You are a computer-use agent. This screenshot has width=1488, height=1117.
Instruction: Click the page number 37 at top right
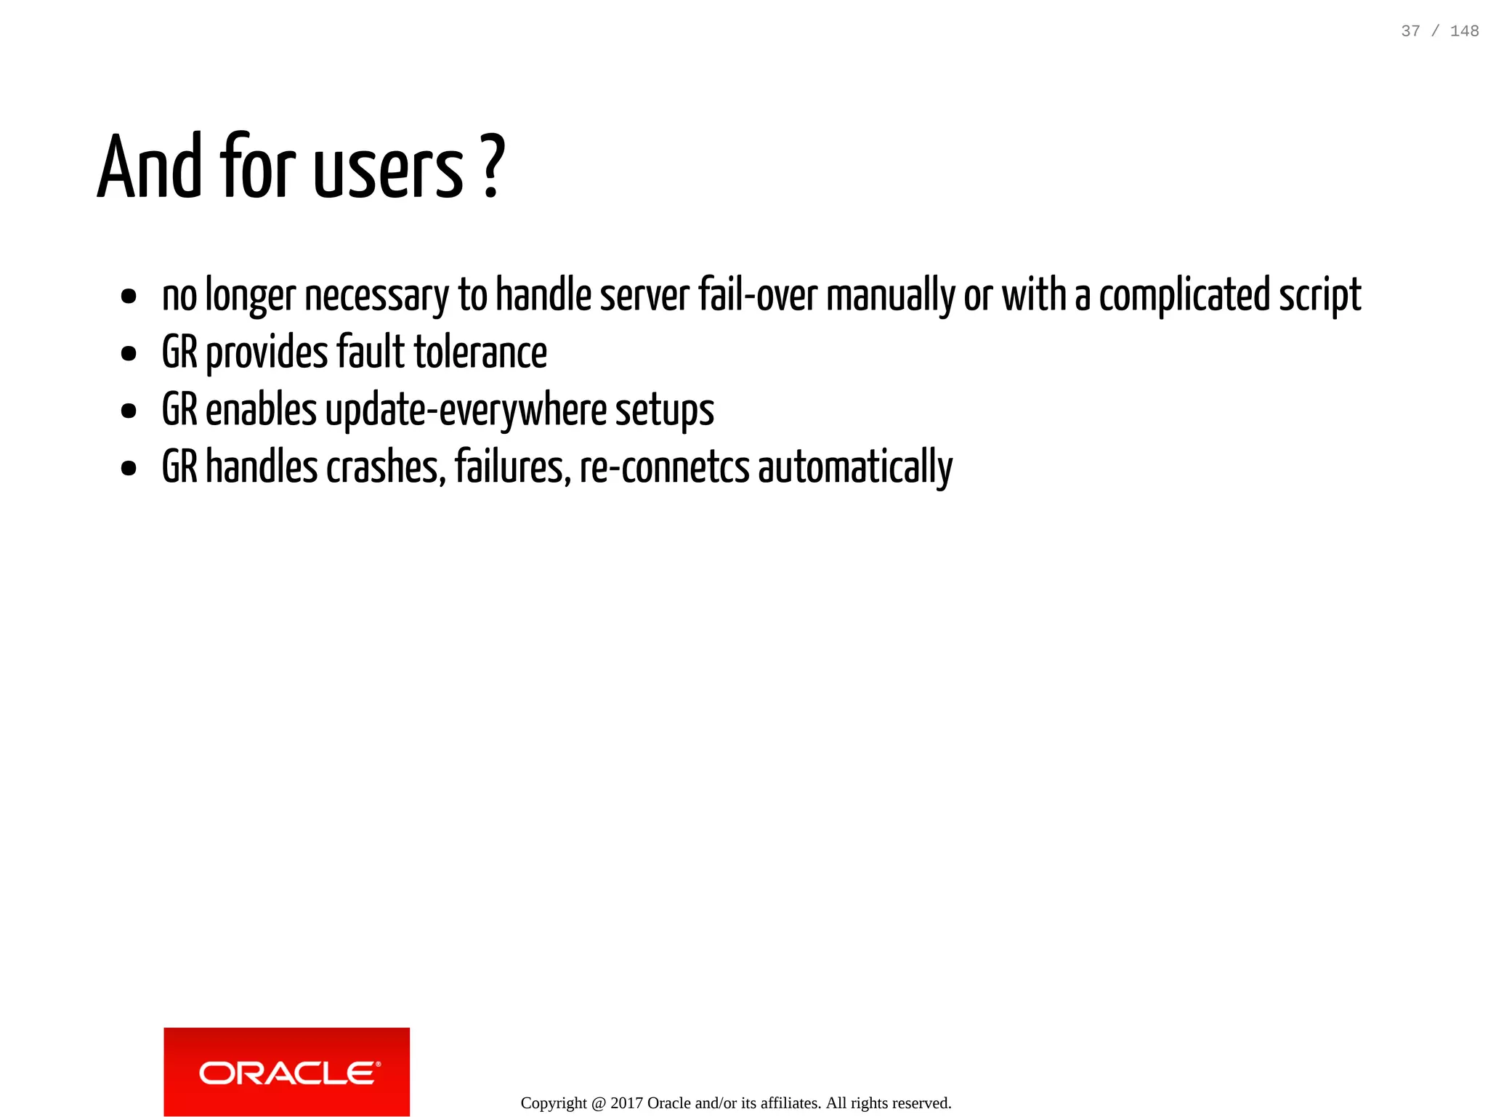tap(1410, 31)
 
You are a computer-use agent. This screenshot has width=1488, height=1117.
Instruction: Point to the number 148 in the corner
tap(1464, 31)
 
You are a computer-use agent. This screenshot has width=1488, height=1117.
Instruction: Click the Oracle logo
tap(286, 1071)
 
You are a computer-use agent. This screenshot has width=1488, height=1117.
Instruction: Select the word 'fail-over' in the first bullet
tap(758, 296)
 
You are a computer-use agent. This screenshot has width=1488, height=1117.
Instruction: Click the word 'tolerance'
tap(480, 352)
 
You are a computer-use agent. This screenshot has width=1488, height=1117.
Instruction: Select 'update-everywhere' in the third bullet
tap(466, 410)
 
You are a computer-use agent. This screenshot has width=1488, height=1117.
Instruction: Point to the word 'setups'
tap(665, 411)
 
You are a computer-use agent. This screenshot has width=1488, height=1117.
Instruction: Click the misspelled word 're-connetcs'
tap(664, 467)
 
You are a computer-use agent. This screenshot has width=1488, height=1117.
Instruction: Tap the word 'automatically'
tap(855, 467)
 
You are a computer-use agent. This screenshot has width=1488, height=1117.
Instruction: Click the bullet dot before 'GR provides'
tap(129, 354)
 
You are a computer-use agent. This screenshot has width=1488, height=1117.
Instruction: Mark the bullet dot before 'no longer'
tap(129, 297)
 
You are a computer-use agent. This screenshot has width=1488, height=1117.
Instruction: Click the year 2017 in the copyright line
tap(626, 1102)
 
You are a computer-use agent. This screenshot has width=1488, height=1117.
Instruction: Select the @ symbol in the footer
tap(598, 1102)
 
